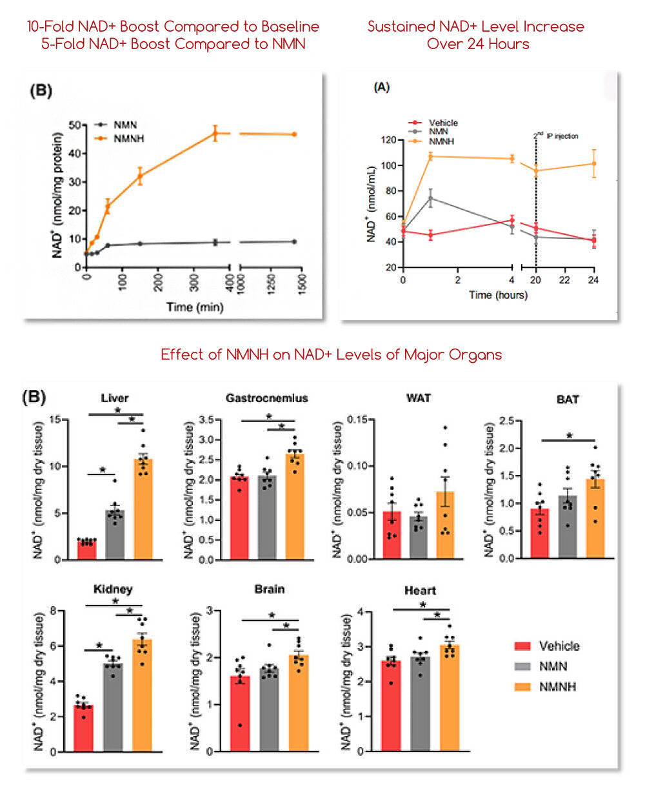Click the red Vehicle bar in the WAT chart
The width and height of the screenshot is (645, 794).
392,535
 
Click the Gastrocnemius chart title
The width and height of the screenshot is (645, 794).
266,398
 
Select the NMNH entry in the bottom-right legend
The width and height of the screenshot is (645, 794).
557,686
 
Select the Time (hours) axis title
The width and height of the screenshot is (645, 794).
497,295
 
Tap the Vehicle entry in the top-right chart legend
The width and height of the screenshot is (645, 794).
442,123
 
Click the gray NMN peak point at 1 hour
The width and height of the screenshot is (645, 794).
430,198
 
